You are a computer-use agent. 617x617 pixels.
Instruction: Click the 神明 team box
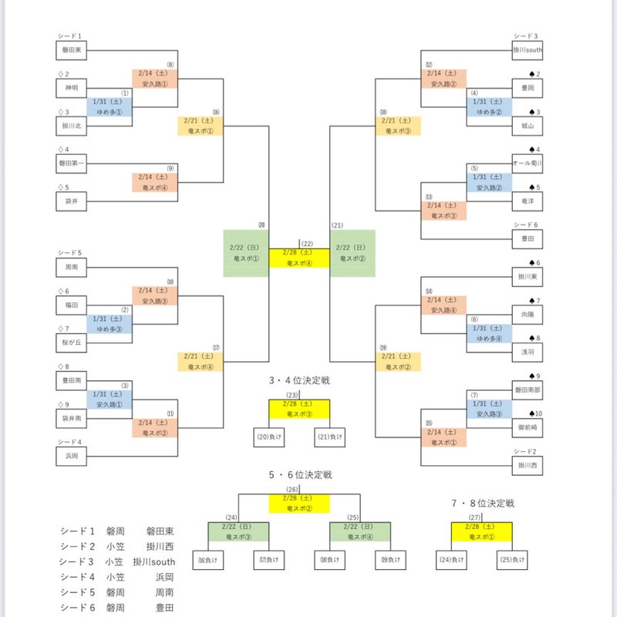(x=71, y=88)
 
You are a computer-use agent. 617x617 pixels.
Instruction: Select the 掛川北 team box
(x=71, y=126)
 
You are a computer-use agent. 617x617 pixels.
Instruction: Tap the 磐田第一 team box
(x=71, y=163)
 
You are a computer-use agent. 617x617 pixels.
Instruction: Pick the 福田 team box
(x=71, y=305)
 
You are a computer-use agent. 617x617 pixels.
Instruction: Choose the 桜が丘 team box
(x=71, y=342)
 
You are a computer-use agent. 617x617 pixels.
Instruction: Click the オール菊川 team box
(x=528, y=164)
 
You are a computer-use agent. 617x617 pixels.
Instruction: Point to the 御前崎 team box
(x=528, y=426)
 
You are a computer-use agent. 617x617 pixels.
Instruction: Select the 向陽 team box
(x=528, y=315)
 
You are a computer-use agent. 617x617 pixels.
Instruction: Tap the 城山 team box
(x=528, y=126)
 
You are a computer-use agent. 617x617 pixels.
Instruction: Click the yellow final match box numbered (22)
(x=299, y=258)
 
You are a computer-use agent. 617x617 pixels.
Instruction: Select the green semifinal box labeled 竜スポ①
(x=246, y=253)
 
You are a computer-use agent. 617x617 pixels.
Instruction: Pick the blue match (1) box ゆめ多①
(x=110, y=106)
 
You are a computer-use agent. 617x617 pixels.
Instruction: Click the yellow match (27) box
(x=482, y=531)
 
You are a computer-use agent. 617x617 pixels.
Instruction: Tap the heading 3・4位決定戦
(x=299, y=380)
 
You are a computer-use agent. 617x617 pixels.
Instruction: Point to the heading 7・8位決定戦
(x=483, y=504)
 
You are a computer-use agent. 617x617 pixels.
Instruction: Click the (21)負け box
(x=329, y=438)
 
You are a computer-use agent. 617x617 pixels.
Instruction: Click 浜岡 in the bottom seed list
(x=160, y=575)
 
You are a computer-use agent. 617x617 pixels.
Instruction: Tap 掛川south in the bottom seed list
(x=154, y=561)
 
